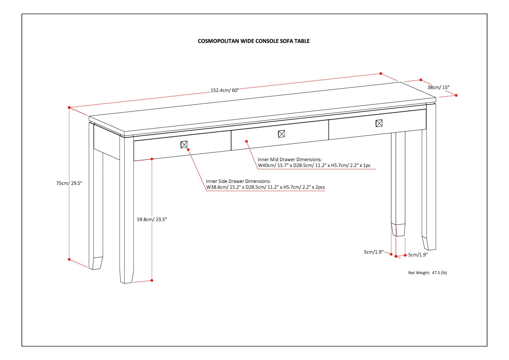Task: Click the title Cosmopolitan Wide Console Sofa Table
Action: click(254, 41)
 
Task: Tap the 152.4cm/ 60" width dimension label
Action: click(225, 90)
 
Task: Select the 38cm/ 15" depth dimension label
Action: click(438, 87)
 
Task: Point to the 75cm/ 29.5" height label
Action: click(69, 183)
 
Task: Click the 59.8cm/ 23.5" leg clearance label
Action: click(152, 220)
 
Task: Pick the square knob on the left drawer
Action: click(184, 144)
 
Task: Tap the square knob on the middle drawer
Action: click(281, 134)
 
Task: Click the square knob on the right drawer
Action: click(379, 123)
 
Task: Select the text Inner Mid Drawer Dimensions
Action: click(290, 160)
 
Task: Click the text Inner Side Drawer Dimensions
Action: click(238, 181)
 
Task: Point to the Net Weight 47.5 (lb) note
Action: click(427, 273)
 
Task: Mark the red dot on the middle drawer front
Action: click(246, 141)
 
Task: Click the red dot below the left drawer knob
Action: click(188, 150)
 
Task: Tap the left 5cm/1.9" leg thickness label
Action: click(374, 252)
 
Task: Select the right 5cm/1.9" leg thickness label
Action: click(418, 255)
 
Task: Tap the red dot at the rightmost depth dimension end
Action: click(456, 95)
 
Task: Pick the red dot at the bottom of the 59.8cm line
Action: click(152, 280)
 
